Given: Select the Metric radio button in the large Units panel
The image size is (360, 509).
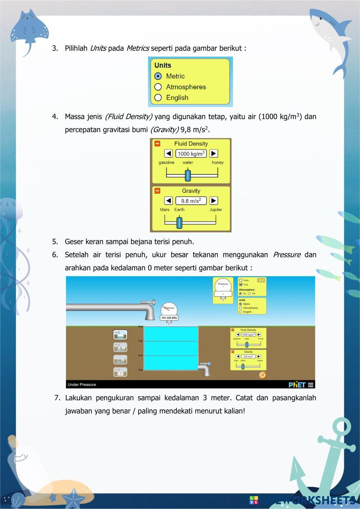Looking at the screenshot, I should pos(158,76).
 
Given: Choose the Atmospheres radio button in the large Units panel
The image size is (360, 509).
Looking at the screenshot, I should pos(158,87).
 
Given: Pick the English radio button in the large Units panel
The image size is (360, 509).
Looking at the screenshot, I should pos(158,98).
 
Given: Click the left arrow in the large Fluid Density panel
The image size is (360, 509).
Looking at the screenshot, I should pos(168,154).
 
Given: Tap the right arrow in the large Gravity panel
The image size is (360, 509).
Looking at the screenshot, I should pos(213,201).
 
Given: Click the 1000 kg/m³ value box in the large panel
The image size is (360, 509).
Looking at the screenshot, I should pos(191,154).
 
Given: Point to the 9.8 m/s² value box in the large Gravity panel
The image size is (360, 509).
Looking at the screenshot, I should pos(191,201).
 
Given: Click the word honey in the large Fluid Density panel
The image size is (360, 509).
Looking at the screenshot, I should pos(217,163).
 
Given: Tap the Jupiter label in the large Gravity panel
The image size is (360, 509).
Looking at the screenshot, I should pos(216,210).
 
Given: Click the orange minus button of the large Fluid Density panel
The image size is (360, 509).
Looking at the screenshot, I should pos(157,144).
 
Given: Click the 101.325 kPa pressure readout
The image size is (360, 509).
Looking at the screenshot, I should pos(169,318).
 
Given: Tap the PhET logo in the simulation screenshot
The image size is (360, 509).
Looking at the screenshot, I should pos(297,385).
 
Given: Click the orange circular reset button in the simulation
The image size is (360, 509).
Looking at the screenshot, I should pos(262,375).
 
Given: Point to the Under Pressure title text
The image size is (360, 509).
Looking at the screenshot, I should pos(82,385).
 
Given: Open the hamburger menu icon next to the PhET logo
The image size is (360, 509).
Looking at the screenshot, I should pos(311,385).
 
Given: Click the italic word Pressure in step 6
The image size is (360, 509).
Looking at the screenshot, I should pos(287,255).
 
